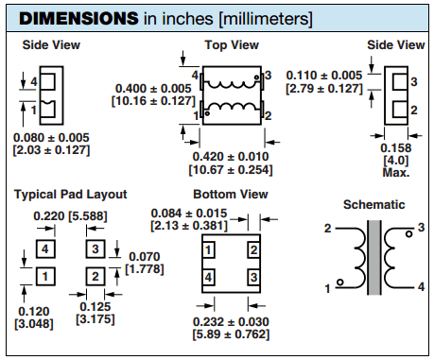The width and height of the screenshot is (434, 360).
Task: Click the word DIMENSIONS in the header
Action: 78,18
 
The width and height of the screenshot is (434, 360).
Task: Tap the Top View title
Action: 232,45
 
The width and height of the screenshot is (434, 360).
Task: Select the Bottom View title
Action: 231,195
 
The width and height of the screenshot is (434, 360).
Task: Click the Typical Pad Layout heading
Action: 71,195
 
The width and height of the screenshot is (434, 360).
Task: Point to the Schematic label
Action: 374,205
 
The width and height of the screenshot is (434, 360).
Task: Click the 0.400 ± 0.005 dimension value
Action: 153,89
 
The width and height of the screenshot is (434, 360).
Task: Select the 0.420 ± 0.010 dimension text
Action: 231,157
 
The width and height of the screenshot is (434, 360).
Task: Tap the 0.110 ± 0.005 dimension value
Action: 324,76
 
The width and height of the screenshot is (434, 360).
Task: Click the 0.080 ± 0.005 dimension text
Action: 51,138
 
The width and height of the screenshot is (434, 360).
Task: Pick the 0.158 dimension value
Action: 396,148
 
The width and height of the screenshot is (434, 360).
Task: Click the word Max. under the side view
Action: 396,173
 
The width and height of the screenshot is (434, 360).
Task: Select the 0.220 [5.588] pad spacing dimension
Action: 70,216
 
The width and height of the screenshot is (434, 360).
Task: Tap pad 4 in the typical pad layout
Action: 45,249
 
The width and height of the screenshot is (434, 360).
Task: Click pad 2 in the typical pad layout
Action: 95,277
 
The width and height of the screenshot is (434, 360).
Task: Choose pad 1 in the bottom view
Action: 208,250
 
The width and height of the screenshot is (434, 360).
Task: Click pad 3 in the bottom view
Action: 253,278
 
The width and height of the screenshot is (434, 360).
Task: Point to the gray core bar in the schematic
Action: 374,257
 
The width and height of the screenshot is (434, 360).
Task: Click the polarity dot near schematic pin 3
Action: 409,234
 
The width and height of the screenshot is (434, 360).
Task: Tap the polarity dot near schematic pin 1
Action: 339,282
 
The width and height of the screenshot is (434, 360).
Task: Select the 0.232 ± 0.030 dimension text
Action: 231,322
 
